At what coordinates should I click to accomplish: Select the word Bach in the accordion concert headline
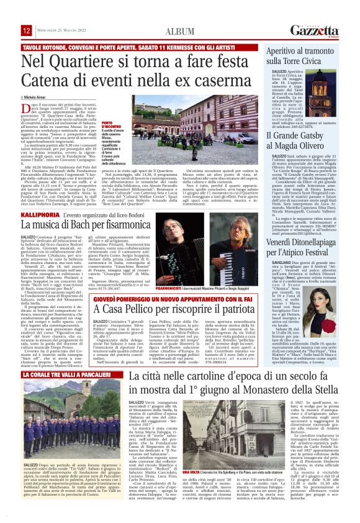(99, 232)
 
